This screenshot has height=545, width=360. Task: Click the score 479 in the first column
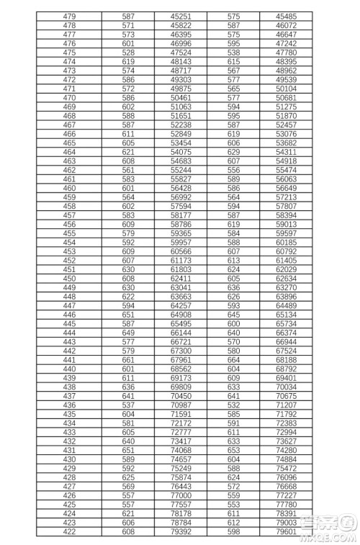coord(70,16)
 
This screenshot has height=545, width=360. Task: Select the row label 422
coord(70,533)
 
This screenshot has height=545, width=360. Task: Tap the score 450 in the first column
coord(70,279)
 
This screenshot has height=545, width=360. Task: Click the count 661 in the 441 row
coord(128,360)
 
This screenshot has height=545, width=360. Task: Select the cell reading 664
coord(233,360)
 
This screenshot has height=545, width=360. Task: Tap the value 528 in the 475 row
coord(128,52)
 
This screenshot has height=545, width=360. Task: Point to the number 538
coord(233,52)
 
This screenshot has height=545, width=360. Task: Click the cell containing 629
coord(233,152)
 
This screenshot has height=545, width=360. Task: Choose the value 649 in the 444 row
coord(128,333)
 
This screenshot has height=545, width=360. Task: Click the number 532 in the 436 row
coord(233,405)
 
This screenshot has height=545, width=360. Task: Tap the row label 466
coord(70,134)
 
